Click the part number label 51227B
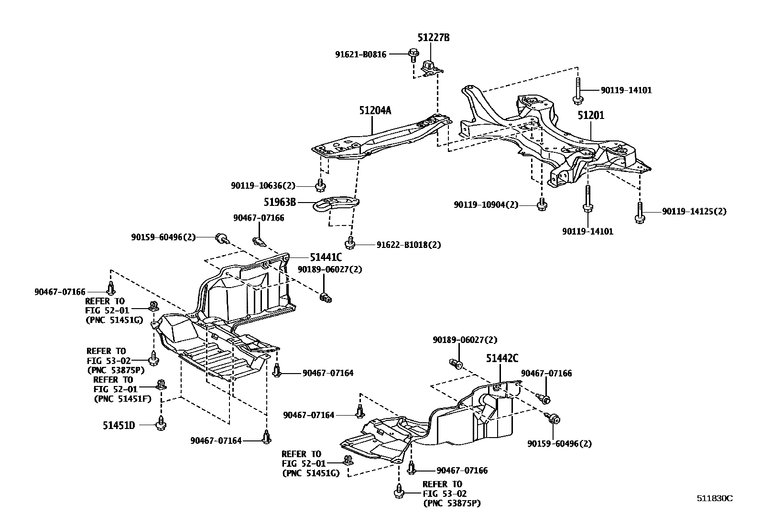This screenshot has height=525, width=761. coord(434,37)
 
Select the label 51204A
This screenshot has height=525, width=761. coord(375,110)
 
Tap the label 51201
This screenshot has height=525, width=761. coord(590,115)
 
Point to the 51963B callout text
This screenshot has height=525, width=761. coord(280,202)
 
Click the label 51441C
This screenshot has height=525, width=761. coord(326,257)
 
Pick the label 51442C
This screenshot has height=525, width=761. coord(502,358)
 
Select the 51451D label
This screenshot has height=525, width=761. coord(119,425)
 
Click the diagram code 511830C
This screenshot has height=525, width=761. coord(714,498)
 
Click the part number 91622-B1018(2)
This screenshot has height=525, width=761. coord(408,245)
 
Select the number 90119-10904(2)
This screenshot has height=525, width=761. coord(486,205)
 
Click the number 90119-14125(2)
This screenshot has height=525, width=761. coord(694,211)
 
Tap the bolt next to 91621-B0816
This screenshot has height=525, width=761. coord(412,54)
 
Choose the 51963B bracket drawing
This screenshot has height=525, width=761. coord(336,204)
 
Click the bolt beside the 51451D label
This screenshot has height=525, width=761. coord(161,424)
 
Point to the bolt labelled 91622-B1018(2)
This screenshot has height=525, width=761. coord(350,243)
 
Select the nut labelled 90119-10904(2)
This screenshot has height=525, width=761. coord(541,204)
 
